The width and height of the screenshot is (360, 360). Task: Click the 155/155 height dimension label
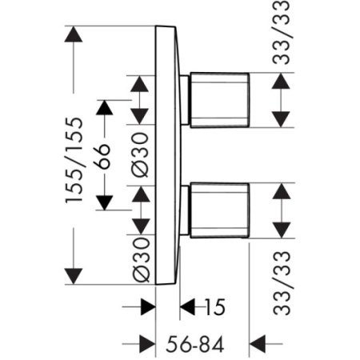coord(74,160)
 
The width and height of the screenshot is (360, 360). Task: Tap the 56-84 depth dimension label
coord(194,344)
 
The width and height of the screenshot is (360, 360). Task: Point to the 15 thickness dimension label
coord(215,307)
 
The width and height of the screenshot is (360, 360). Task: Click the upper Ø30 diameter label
coord(141,155)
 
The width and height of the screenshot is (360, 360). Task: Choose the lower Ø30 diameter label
coord(142,260)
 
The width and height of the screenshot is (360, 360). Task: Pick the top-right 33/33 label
coord(281,32)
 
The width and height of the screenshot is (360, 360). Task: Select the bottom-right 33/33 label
coord(282,283)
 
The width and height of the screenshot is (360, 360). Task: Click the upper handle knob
coord(220,100)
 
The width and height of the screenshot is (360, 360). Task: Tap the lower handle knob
coord(220,210)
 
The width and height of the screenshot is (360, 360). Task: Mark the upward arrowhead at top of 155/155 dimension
coord(74,34)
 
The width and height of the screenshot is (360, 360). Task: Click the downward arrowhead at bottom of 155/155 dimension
coord(74,276)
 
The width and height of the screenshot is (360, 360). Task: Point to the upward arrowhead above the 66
coord(104,108)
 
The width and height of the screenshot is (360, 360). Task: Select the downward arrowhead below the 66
coord(104,202)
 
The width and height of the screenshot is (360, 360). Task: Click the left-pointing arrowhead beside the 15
coord(188,307)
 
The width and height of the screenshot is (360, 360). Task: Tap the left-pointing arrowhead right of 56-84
coord(258,344)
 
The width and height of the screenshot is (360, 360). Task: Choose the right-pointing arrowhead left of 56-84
coord(148,344)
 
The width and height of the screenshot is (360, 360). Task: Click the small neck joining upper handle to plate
coord(185,100)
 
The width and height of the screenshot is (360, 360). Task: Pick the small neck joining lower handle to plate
coord(185,210)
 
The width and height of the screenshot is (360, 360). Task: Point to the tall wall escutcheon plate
coord(166,155)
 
